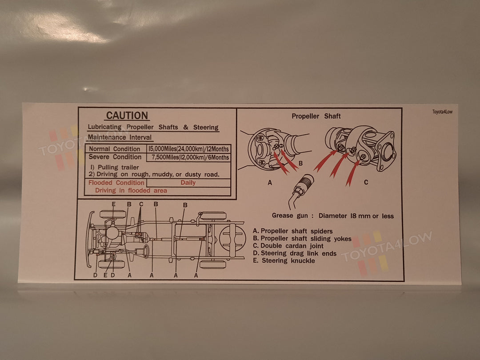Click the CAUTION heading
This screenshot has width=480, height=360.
[127, 116]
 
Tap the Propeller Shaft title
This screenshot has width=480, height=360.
[316, 116]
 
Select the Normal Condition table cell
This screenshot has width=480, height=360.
[115, 149]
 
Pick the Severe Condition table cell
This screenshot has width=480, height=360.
[115, 157]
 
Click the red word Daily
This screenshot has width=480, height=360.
[188, 183]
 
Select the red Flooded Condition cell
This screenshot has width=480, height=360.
[116, 183]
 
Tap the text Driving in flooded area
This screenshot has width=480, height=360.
[131, 191]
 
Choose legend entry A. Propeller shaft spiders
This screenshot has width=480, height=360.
[292, 231]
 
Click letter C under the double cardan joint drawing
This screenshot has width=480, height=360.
[366, 182]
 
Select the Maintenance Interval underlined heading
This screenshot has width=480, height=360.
[120, 138]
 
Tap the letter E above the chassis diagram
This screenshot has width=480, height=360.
[114, 204]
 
